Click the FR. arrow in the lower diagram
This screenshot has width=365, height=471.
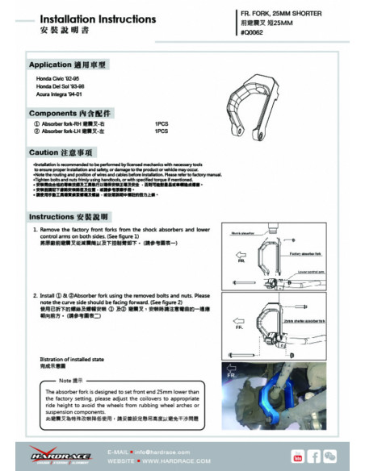(240, 327)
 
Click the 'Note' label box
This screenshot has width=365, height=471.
(69, 378)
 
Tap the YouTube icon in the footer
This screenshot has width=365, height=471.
(298, 456)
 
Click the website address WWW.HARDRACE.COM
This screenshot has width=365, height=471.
(166, 461)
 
